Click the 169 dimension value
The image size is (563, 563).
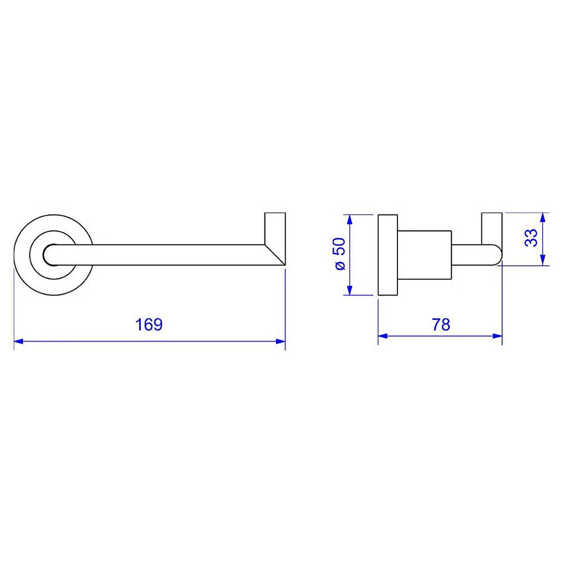click(x=149, y=325)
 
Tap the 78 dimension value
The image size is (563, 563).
click(x=441, y=325)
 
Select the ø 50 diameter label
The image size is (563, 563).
click(x=339, y=254)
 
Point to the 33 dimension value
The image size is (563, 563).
click(x=531, y=238)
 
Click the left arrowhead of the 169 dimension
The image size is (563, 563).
click(x=19, y=341)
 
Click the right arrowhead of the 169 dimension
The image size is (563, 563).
click(x=280, y=341)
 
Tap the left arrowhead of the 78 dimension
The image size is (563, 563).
click(x=383, y=336)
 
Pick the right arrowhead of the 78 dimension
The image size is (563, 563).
click(x=497, y=336)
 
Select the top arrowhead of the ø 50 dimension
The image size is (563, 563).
click(x=350, y=220)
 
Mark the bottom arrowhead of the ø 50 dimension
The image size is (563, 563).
click(x=350, y=290)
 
